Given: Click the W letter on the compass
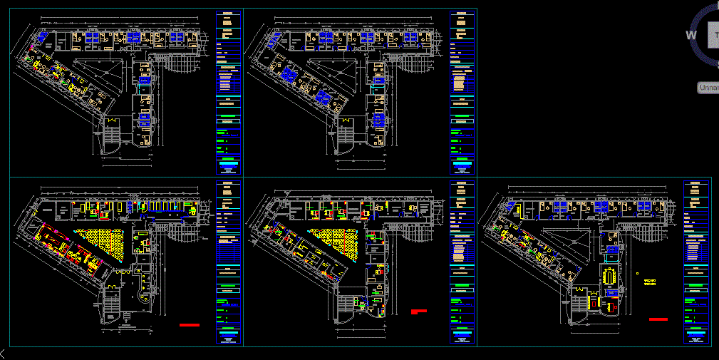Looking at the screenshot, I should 690,35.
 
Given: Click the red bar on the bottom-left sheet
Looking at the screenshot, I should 190,325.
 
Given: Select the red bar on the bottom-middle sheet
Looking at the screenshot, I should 418,312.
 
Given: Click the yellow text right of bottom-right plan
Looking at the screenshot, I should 649,283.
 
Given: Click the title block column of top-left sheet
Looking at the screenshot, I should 227,93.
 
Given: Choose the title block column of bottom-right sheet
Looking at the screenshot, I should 695,262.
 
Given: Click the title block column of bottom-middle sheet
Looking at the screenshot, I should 462,262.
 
